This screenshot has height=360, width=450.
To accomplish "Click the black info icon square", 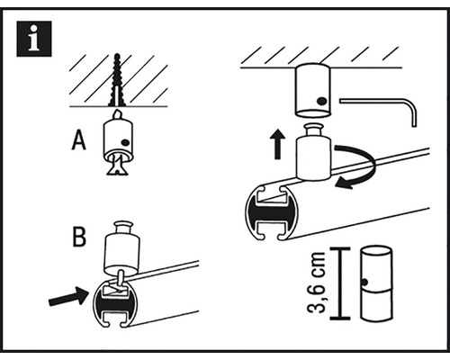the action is coord(34,39).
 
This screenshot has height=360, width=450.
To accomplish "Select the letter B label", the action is coord(79,238).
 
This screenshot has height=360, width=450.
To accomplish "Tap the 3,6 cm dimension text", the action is coord(317,283).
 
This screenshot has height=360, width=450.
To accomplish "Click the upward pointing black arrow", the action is coord(278,144).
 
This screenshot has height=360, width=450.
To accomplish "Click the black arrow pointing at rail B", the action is coord(67,296).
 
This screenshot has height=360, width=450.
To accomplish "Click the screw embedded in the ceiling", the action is coord(118,80).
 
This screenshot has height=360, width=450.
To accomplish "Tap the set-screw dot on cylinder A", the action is coord(126,142).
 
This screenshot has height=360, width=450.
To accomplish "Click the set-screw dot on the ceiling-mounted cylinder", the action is coord(322,102).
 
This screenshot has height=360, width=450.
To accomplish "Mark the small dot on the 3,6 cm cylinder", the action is coord(365,282).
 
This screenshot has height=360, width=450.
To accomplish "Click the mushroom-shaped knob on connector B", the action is coord(123,228).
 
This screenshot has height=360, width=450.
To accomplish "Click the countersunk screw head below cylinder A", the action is coord(118,166).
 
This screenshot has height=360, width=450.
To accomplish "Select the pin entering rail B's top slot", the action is coord(121,281).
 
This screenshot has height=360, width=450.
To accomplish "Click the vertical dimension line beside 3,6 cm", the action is coord(339,283).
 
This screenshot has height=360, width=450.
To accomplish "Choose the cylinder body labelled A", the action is coord(119,139).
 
